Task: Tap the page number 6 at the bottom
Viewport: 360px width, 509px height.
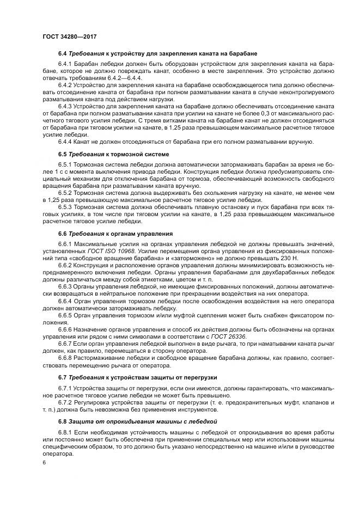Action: (44, 463)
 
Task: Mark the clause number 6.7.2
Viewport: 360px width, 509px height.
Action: (67, 402)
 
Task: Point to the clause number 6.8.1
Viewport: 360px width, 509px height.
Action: (67, 432)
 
